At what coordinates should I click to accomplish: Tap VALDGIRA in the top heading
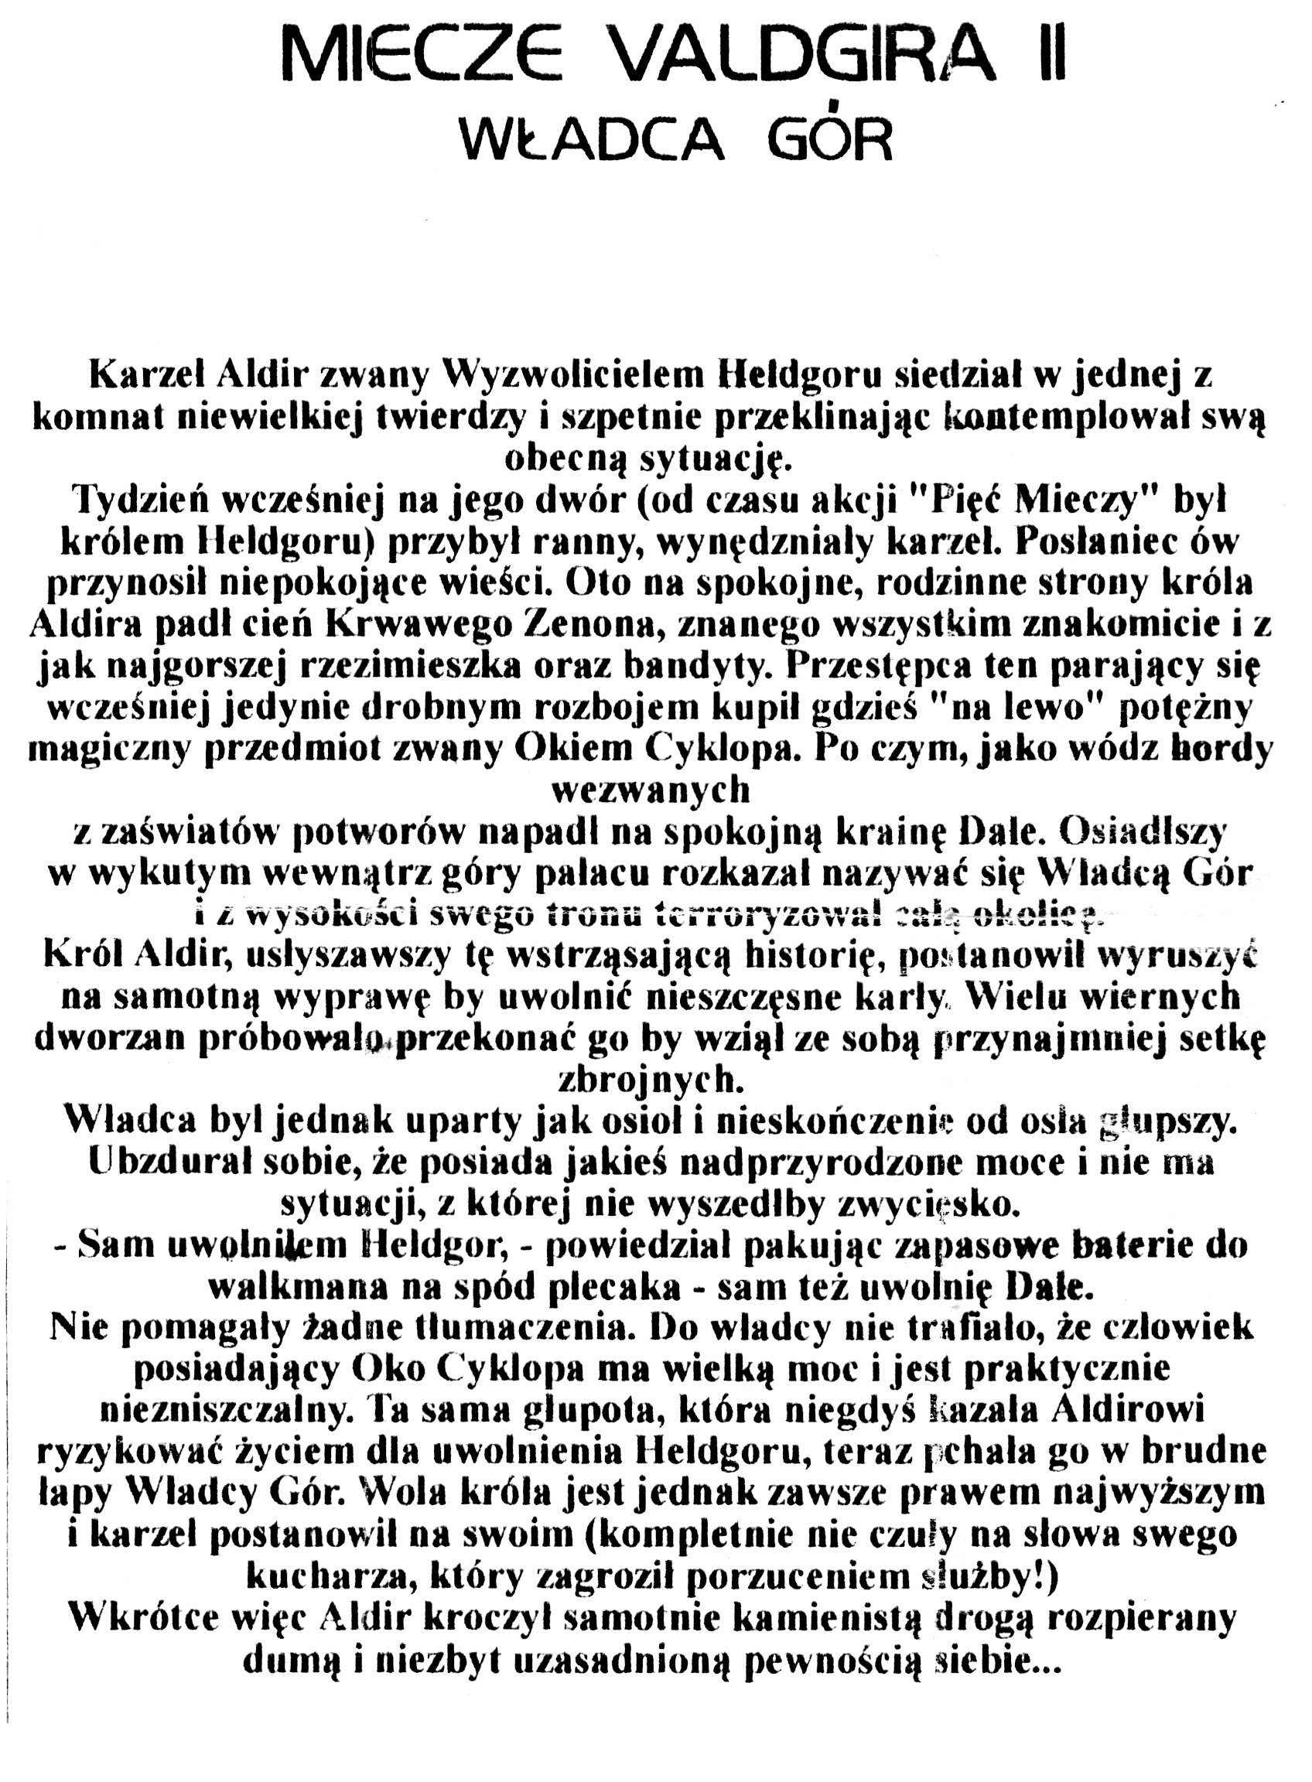tap(803, 56)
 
